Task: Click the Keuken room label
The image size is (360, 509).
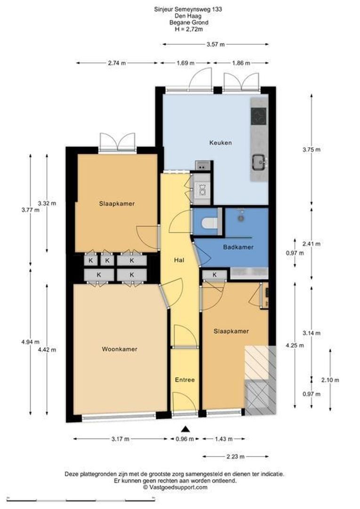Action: tap(221, 142)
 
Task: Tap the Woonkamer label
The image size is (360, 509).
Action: tap(120, 349)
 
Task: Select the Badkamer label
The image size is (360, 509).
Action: tap(238, 247)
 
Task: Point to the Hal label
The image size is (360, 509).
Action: tap(179, 260)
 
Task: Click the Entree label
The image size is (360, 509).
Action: tap(185, 380)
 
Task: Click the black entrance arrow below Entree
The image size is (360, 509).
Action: tap(185, 429)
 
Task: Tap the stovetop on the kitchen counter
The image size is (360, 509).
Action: tap(259, 115)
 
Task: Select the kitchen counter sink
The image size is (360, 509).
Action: tap(259, 162)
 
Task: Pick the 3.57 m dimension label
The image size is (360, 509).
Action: tap(215, 44)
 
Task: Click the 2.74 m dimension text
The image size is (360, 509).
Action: tap(117, 63)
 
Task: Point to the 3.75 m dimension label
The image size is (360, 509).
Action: tap(311, 150)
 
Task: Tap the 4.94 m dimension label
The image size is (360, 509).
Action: tap(30, 342)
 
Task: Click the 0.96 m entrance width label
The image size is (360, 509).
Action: tap(185, 439)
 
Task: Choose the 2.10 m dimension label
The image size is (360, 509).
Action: tap(330, 380)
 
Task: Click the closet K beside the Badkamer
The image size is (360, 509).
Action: tap(214, 275)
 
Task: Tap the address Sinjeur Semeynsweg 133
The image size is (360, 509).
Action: tap(188, 9)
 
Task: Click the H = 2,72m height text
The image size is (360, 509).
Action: tap(188, 29)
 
